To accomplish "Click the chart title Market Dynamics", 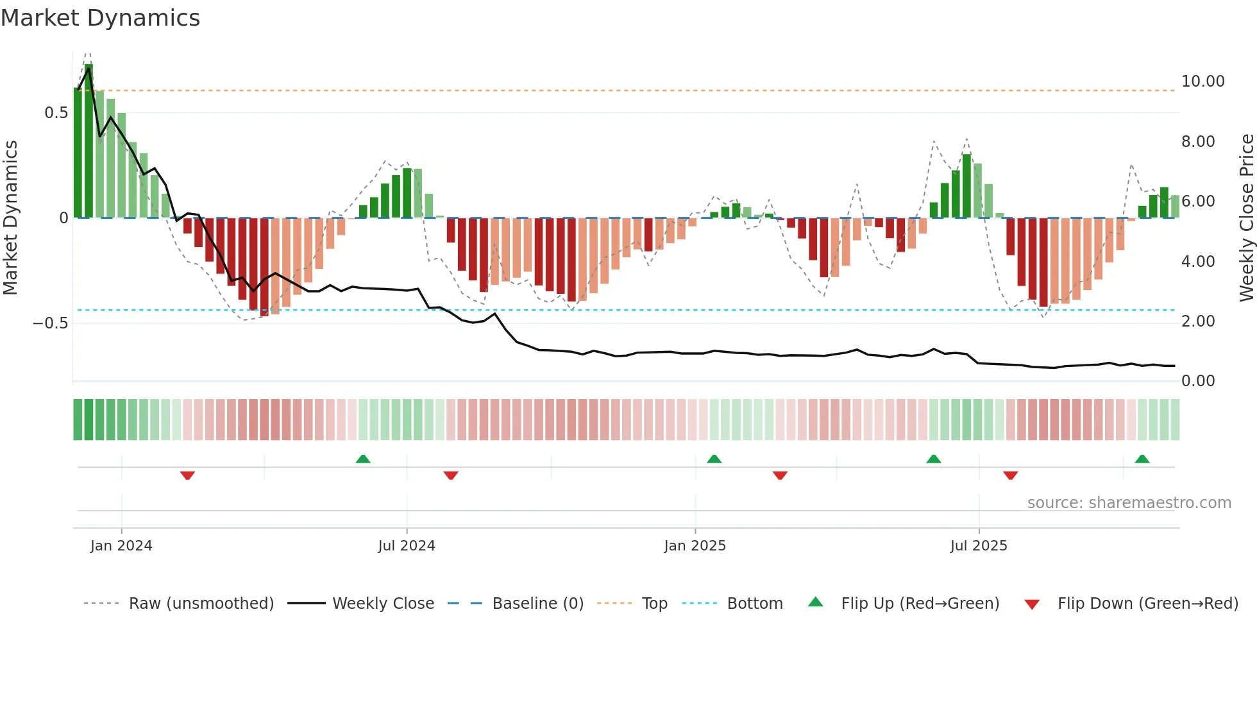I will pos(100,18).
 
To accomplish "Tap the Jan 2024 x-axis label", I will pos(121,546).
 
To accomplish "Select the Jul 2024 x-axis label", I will pos(407,546).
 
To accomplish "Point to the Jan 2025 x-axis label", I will pos(695,546).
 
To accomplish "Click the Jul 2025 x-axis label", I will pos(979,546).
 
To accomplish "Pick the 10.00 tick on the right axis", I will pos(1202,81).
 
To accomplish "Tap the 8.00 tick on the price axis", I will pos(1198,142).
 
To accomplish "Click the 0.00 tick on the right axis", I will pos(1198,381).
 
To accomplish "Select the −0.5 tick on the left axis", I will pos(51,323).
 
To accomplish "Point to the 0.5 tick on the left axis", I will pos(56,113).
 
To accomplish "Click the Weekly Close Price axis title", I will pos(1247,217).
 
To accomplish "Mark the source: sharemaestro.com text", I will pos(1129,503).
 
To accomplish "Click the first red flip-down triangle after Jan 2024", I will pos(187,475).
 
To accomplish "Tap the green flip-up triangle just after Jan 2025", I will pos(714,459).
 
